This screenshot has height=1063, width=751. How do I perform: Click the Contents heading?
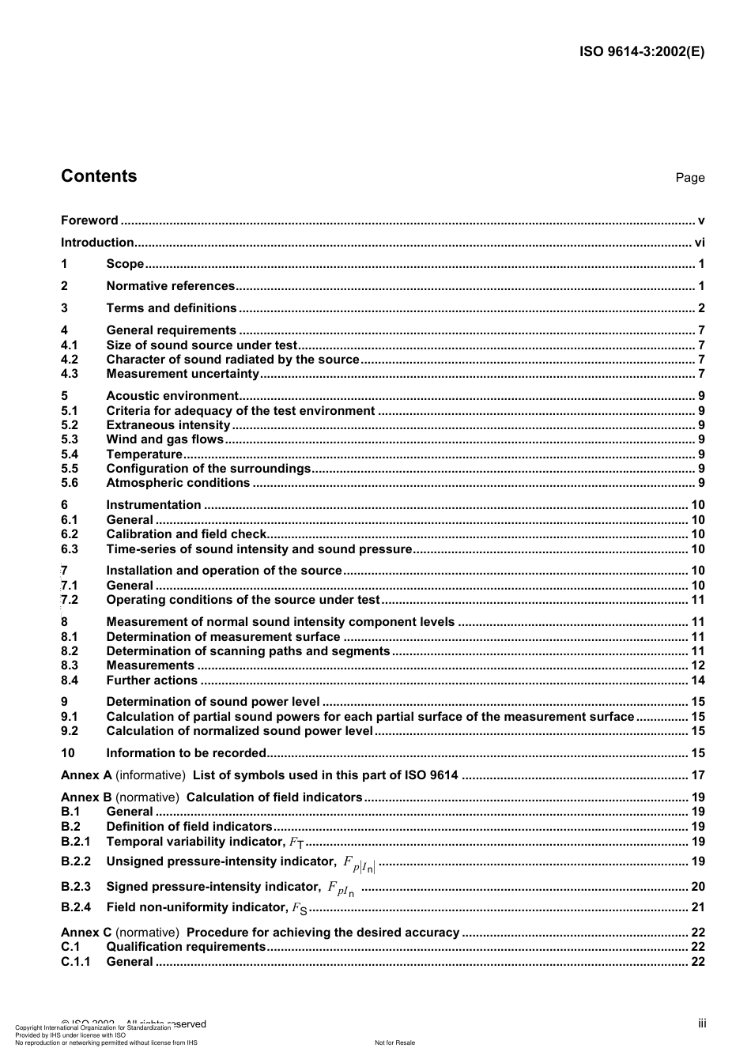pyautogui.click(x=99, y=176)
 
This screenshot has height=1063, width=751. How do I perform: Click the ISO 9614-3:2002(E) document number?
pyautogui.click(x=642, y=52)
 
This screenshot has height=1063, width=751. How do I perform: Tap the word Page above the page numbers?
pyautogui.click(x=689, y=178)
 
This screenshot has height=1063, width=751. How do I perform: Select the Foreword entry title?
pyautogui.click(x=89, y=221)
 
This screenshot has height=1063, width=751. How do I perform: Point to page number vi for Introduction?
pyautogui.click(x=699, y=243)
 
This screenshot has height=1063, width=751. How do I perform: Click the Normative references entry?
pyautogui.click(x=171, y=286)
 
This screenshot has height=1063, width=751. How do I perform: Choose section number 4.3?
pyautogui.click(x=70, y=374)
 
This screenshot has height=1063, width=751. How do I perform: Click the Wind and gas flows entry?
pyautogui.click(x=165, y=439)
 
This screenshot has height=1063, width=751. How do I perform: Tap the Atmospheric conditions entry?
pyautogui.click(x=178, y=483)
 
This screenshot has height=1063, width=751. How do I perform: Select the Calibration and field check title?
pyautogui.click(x=187, y=534)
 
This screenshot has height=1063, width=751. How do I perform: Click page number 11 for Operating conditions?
pyautogui.click(x=697, y=600)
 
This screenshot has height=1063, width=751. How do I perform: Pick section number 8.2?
pyautogui.click(x=70, y=651)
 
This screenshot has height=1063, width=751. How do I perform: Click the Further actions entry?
pyautogui.click(x=152, y=680)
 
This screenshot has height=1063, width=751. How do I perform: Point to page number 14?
pyautogui.click(x=697, y=680)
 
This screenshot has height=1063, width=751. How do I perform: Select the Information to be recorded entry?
pyautogui.click(x=186, y=753)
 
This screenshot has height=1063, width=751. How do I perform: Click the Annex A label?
pyautogui.click(x=86, y=775)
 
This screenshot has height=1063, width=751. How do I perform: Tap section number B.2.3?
pyautogui.click(x=76, y=887)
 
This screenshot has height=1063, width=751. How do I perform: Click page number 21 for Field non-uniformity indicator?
pyautogui.click(x=697, y=907)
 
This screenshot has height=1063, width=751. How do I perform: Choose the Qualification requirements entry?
pyautogui.click(x=186, y=947)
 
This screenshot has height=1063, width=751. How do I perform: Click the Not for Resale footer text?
pyautogui.click(x=394, y=1042)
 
